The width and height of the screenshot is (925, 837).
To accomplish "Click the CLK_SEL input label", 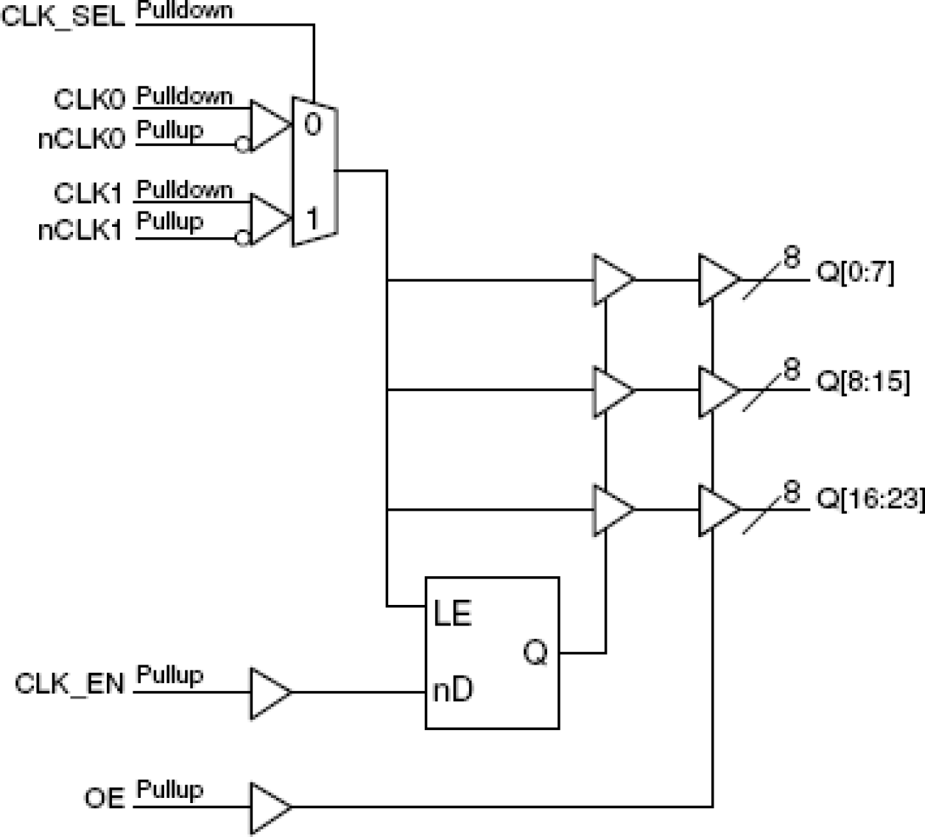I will (x=63, y=16).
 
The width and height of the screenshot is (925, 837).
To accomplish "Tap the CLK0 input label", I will (x=89, y=99).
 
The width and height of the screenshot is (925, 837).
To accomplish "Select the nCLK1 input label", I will (x=80, y=231).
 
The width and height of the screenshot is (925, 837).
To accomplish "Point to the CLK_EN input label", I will (x=70, y=684).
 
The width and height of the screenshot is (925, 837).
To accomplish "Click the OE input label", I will (x=104, y=798).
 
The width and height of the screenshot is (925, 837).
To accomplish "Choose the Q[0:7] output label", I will (x=855, y=273).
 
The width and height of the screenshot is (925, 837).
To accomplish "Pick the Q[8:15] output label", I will (x=863, y=382).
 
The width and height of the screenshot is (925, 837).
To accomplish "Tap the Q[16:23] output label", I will (x=870, y=499).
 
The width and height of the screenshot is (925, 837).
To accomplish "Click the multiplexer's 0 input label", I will (x=313, y=125).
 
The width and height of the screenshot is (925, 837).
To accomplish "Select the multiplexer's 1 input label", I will (x=313, y=219).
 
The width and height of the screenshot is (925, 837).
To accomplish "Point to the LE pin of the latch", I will (x=452, y=613).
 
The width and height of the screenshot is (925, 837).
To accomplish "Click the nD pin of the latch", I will (x=453, y=690).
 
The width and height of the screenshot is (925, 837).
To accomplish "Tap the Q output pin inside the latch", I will (x=535, y=652).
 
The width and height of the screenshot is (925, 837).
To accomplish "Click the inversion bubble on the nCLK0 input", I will (x=242, y=144).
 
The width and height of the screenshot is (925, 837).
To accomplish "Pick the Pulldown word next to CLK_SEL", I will (x=185, y=11).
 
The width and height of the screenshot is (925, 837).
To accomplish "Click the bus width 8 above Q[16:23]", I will (x=791, y=491).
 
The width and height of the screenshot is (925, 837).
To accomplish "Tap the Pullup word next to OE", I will (x=169, y=790).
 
